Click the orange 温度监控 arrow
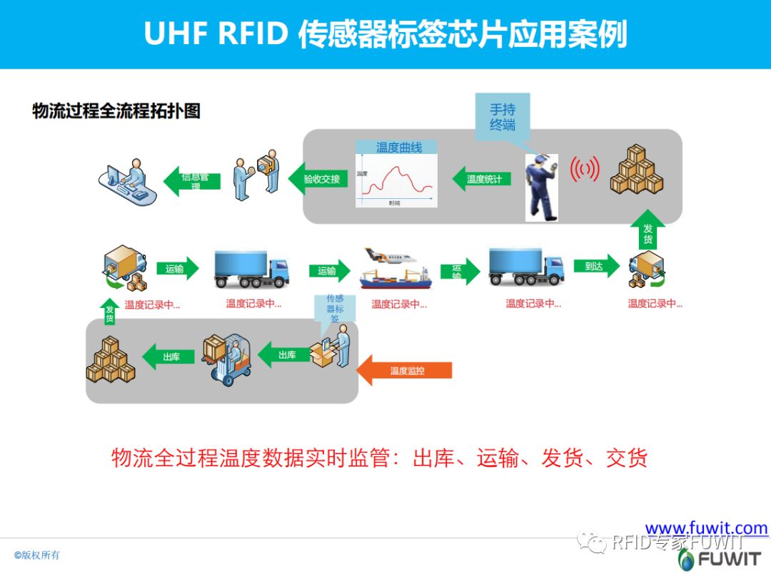pos(405,371)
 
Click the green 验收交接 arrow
pos(318,179)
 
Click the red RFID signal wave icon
pos(584,169)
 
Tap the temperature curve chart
pos(396,175)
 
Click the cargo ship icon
pos(395,277)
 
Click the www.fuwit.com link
pos(706,528)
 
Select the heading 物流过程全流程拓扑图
pos(116,110)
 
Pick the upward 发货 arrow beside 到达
pos(647,230)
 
